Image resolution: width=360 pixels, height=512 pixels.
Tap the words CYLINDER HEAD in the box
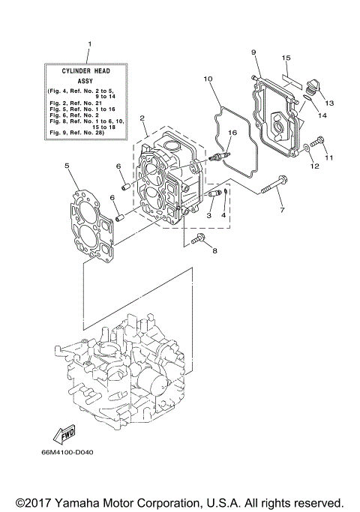point(88,70)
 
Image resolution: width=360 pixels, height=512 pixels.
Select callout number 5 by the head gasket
point(67,165)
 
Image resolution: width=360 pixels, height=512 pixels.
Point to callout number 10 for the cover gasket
point(208,79)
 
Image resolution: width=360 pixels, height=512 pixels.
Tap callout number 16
point(232,133)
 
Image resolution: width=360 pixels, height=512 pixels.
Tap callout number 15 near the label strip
point(286,57)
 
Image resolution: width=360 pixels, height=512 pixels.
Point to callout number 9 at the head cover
point(253,52)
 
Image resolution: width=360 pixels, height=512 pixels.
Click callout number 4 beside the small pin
point(223,215)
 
